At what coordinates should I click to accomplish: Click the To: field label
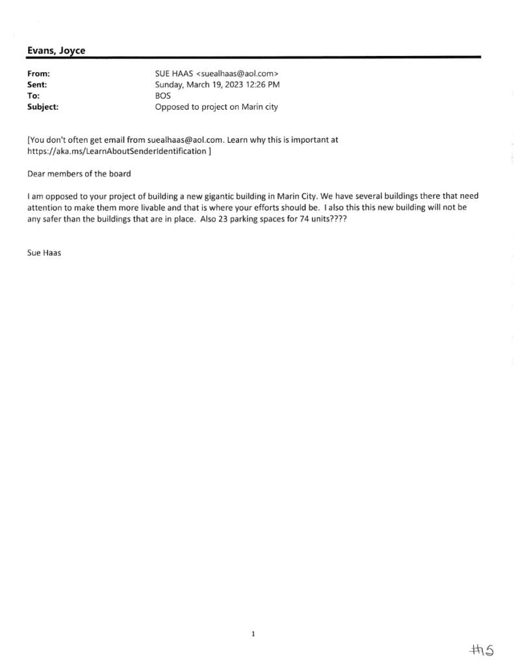[34, 96]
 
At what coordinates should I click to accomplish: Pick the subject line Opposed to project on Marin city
[216, 107]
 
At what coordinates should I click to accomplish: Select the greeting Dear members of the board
[79, 174]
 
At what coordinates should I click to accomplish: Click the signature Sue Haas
[44, 253]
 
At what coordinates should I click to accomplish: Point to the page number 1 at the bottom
[253, 634]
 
